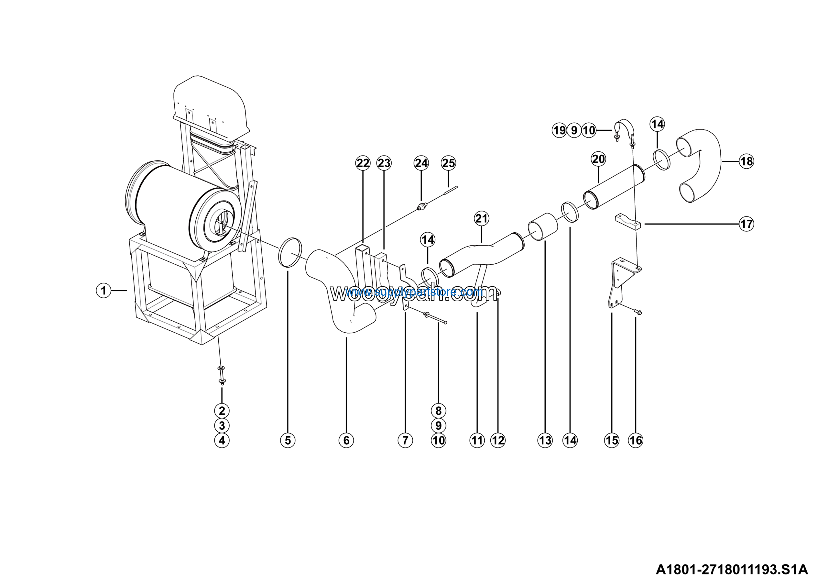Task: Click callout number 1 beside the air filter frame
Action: pyautogui.click(x=103, y=290)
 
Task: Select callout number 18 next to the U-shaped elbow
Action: pyautogui.click(x=746, y=161)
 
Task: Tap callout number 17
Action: pyautogui.click(x=746, y=224)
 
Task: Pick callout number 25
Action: pyautogui.click(x=448, y=163)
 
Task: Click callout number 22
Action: pyautogui.click(x=363, y=163)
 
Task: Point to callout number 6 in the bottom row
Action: pyautogui.click(x=346, y=440)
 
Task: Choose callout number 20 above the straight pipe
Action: pyautogui.click(x=598, y=159)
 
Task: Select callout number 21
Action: pyautogui.click(x=482, y=218)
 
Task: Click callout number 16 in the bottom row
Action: pyautogui.click(x=636, y=440)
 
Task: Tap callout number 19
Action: pyautogui.click(x=559, y=130)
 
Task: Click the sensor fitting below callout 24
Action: pyautogui.click(x=421, y=207)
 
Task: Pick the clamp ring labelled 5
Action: pyautogui.click(x=290, y=252)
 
